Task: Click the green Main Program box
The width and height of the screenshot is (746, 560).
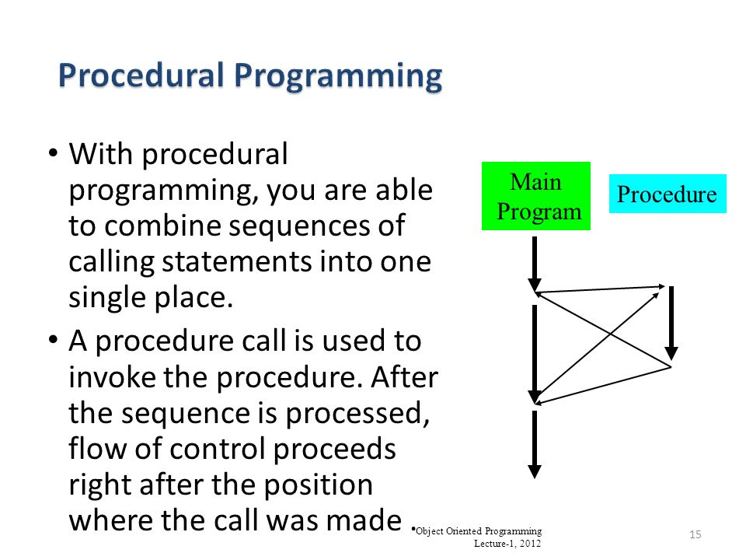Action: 536,196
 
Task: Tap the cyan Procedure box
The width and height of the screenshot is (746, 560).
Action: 668,194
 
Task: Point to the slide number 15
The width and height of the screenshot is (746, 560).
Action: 695,534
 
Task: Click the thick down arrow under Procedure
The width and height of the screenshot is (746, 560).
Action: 671,323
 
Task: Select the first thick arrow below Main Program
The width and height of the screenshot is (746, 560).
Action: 535,264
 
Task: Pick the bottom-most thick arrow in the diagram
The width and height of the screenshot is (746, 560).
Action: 535,444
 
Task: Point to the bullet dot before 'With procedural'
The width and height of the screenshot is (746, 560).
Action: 54,153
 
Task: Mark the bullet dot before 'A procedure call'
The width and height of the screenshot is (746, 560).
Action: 54,340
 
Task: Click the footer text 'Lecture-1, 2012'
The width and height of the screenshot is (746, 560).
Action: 507,544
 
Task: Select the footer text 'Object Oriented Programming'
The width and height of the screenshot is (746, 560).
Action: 479,531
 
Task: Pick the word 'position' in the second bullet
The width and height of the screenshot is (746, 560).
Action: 318,485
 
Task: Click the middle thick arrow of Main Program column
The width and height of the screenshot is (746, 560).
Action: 535,355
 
